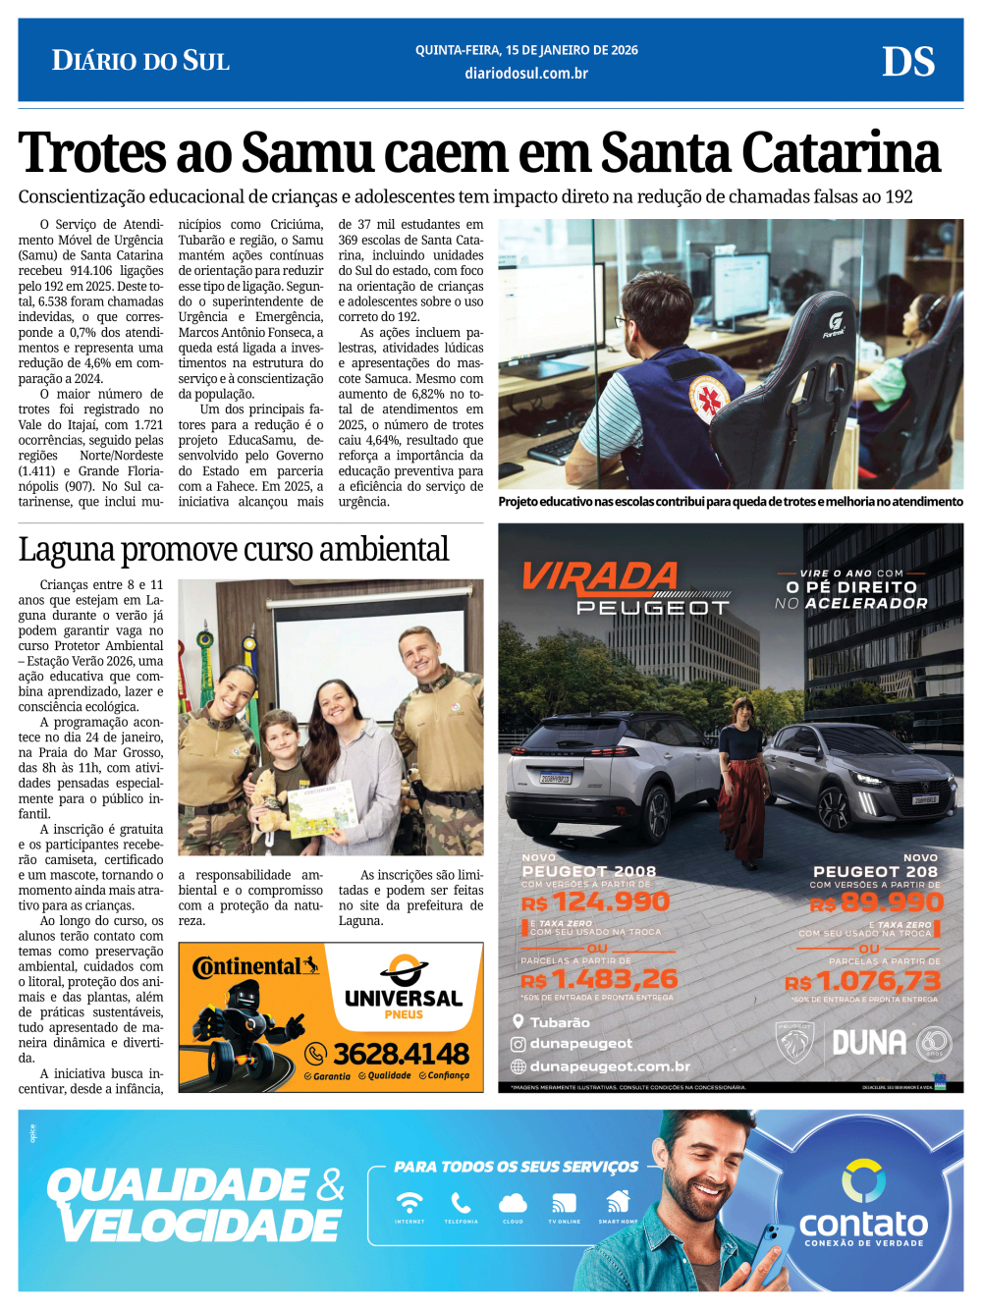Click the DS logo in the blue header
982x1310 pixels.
pyautogui.click(x=907, y=62)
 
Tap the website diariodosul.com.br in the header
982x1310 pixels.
pyautogui.click(x=526, y=74)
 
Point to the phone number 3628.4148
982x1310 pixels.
pyautogui.click(x=401, y=1054)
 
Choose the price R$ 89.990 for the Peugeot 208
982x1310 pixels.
pyautogui.click(x=878, y=902)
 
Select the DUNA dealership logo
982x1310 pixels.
pyautogui.click(x=869, y=1043)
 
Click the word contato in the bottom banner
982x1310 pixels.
pyautogui.click(x=863, y=1224)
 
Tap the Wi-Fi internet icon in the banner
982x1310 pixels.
pyautogui.click(x=409, y=1204)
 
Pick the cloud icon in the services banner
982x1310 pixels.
pyautogui.click(x=513, y=1204)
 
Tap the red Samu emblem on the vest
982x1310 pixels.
pyautogui.click(x=708, y=399)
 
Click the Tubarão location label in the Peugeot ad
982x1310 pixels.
pyautogui.click(x=560, y=1022)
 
